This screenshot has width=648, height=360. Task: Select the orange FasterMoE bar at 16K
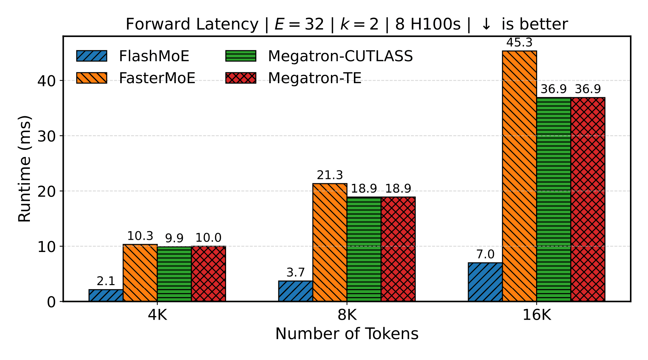(x=519, y=176)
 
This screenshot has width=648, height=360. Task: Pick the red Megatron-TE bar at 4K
(x=208, y=274)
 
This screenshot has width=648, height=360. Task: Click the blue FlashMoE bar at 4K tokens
(x=106, y=295)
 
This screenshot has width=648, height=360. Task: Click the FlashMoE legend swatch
(x=91, y=56)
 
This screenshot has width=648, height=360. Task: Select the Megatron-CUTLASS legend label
(x=340, y=56)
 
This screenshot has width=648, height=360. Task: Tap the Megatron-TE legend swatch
(x=241, y=78)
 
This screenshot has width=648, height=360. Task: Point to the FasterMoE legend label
(x=157, y=78)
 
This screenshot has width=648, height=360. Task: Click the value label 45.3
(x=519, y=43)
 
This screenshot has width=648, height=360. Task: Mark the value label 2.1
(x=106, y=281)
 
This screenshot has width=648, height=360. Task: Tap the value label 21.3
(x=330, y=175)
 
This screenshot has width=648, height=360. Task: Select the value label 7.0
(x=485, y=255)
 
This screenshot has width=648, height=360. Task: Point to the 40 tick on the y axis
(x=46, y=81)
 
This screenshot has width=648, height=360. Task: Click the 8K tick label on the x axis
(x=347, y=315)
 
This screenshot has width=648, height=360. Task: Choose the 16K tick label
(x=536, y=315)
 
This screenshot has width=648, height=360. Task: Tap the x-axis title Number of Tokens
(x=347, y=334)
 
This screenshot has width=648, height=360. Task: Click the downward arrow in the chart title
(x=486, y=24)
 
